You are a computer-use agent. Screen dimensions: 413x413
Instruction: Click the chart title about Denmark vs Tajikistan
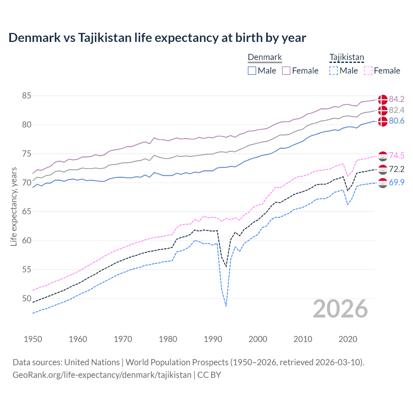pos(157,38)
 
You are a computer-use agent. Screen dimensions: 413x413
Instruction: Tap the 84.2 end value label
pos(397,99)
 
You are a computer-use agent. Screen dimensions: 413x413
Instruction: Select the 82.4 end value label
pos(397,110)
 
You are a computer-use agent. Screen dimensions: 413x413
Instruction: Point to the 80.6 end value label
pos(397,121)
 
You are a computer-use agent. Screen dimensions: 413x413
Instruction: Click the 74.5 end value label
pos(397,156)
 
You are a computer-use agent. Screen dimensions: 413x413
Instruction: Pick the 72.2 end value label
pos(397,169)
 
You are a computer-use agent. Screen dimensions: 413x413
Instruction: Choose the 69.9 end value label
pos(397,183)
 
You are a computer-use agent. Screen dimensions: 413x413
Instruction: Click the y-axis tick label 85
pos(27,96)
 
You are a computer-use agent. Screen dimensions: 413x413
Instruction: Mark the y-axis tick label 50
pos(27,298)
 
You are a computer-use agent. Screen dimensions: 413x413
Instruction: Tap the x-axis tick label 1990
pos(213,339)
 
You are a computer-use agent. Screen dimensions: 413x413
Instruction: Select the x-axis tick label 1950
pos(33,339)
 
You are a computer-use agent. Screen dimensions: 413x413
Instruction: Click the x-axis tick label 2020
pos(348,339)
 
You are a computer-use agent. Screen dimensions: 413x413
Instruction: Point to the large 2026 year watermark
pos(340,309)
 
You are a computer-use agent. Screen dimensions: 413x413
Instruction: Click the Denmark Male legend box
pos(252,71)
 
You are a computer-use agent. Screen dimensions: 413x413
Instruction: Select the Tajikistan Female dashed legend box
pos(368,71)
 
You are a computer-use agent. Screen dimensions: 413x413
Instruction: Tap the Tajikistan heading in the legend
pos(347,57)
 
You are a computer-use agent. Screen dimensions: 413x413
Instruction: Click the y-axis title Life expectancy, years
pos(14,206)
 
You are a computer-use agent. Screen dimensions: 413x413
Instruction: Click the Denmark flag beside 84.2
pos(383,99)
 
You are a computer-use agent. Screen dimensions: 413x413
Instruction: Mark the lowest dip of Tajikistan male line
pos(226,306)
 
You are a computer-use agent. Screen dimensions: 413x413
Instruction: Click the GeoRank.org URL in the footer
pos(102,375)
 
